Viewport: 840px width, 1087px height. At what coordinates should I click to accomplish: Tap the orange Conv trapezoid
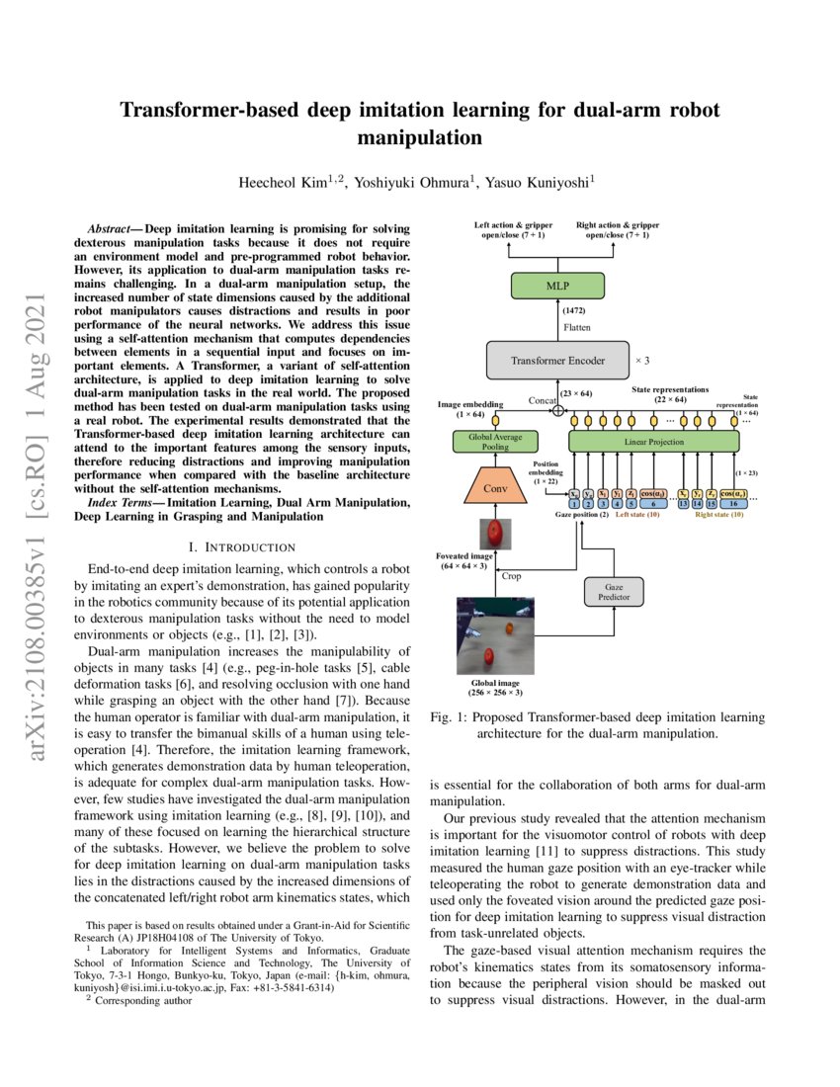495,487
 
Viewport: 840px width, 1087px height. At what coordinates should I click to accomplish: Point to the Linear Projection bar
653,441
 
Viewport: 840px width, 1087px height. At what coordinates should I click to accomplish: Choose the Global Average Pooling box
494,441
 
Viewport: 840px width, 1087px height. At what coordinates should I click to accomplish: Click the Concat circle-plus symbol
558,410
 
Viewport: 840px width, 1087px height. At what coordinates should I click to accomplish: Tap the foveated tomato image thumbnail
494,536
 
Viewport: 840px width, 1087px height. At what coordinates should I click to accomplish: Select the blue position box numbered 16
733,504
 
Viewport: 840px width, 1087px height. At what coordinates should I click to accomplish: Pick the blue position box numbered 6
652,504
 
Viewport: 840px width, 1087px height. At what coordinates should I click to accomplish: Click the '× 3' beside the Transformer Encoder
640,361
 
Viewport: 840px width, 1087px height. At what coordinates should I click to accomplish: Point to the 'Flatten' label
578,326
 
